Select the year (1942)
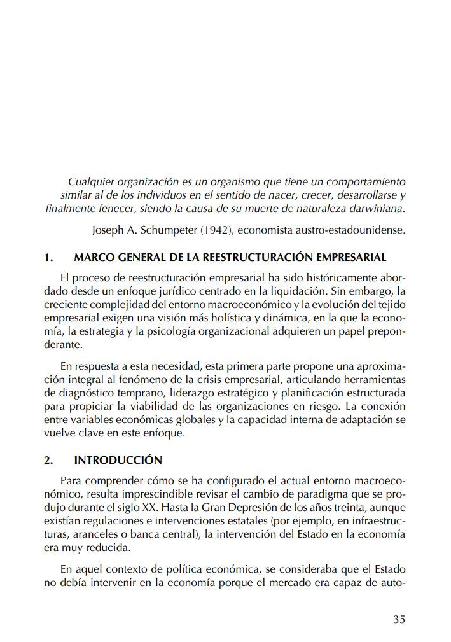(x=211, y=230)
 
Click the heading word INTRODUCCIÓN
(x=118, y=460)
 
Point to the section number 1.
(x=48, y=258)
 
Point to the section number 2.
(x=48, y=460)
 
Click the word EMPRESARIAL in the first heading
(x=349, y=258)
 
